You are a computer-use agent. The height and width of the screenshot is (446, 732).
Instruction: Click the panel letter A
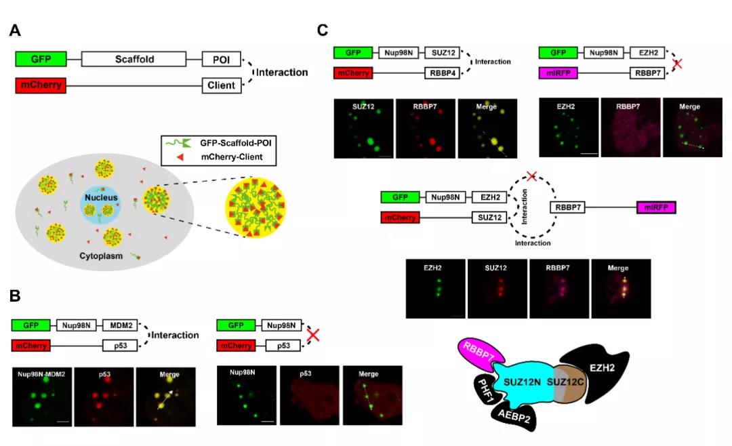(x=15, y=31)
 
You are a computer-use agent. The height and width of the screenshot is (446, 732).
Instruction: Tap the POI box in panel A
(x=221, y=59)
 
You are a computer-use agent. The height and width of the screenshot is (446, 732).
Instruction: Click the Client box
(x=221, y=86)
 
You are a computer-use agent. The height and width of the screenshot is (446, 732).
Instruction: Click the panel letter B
(x=15, y=296)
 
